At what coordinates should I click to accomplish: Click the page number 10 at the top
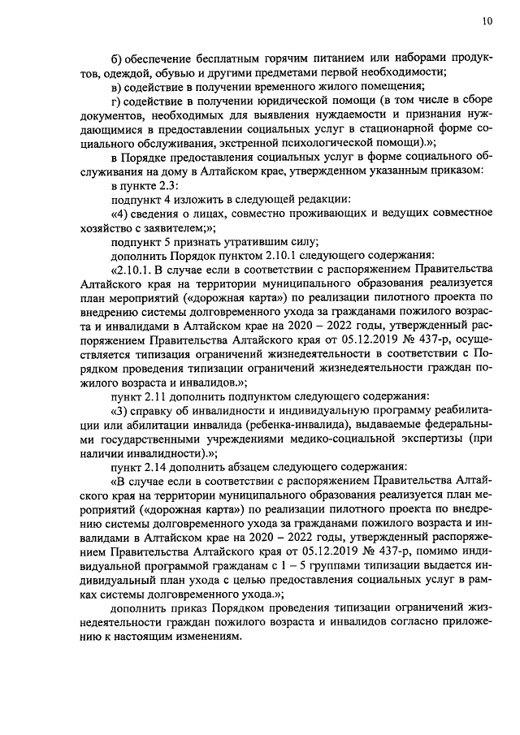click(x=487, y=21)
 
